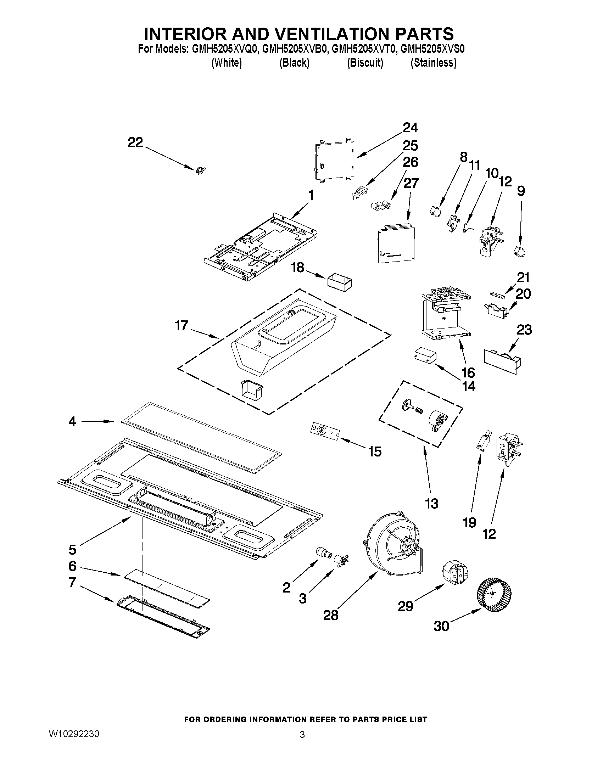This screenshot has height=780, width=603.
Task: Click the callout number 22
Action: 135,142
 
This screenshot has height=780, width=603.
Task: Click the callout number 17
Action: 181,325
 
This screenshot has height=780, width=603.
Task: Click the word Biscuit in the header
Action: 365,63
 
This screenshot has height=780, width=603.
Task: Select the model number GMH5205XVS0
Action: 432,49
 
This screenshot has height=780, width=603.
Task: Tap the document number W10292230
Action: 74,734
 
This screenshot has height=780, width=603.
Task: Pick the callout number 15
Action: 375,451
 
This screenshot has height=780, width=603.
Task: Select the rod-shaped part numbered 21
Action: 497,294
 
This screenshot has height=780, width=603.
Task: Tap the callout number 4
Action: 72,422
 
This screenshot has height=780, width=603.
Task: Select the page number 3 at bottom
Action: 302,735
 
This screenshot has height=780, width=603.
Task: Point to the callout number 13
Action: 431,504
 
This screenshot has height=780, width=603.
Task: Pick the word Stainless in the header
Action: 433,63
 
